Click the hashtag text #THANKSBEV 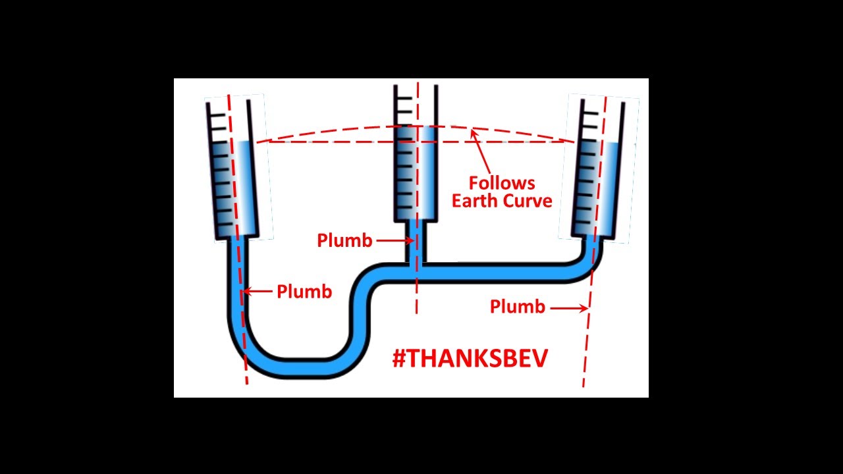tap(470, 359)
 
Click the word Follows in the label tap(502, 183)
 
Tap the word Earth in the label tap(474, 201)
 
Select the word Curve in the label tap(527, 201)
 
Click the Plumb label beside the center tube tap(344, 241)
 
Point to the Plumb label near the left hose tap(304, 292)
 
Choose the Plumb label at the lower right tap(518, 307)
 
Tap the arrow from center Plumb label tap(394, 241)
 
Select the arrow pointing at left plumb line tap(258, 291)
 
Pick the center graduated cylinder tap(416, 155)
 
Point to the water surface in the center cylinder tap(416, 126)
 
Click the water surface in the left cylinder tap(236, 142)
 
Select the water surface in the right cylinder tap(601, 143)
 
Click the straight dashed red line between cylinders tap(329, 142)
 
